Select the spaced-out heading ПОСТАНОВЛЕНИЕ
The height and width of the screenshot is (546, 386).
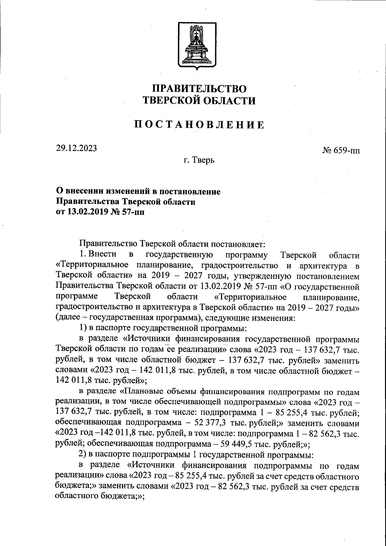point(199,125)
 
